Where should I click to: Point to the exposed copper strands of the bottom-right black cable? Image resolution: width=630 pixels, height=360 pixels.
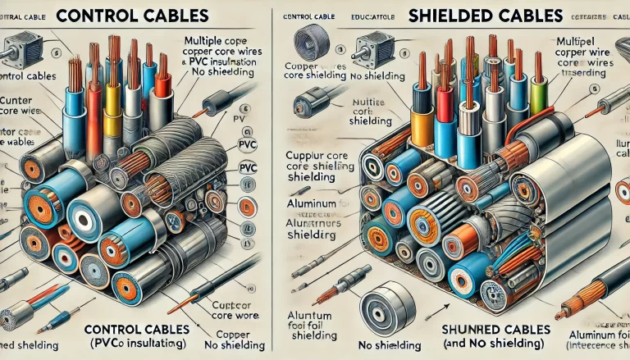pyautogui.click(x=566, y=312)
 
